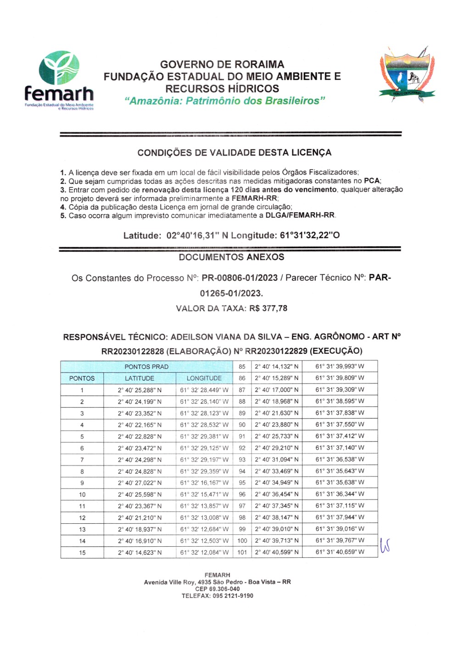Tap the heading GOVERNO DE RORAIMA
point(222,64)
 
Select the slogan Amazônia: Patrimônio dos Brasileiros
point(225,101)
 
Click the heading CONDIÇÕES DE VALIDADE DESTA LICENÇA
point(234,153)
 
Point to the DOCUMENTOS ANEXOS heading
point(231,257)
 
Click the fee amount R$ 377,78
point(268,308)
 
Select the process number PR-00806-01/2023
point(240,278)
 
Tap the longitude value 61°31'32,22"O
point(310,236)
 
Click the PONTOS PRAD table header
point(146,367)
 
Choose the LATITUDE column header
point(140,378)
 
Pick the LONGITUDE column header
point(204,378)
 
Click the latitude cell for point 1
point(140,390)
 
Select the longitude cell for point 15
point(204,552)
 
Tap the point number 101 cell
point(242,552)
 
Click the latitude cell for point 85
point(276,367)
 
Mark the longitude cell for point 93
point(340,459)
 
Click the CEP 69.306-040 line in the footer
point(217,589)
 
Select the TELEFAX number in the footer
point(217,596)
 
